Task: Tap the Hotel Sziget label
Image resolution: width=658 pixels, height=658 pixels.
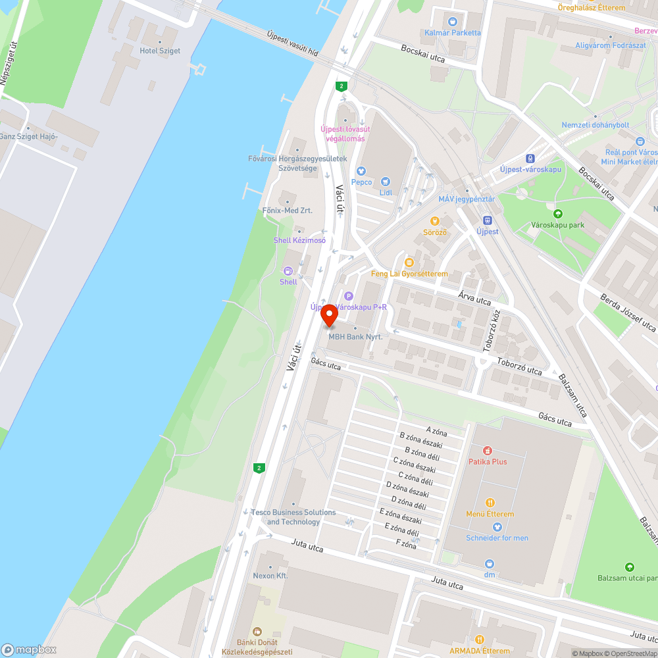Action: point(160,51)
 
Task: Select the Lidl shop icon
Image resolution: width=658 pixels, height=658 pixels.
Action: point(386,181)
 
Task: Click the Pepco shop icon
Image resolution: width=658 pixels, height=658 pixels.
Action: point(361,171)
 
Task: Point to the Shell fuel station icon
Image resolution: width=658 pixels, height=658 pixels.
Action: point(288,270)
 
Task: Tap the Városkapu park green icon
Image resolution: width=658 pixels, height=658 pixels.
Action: point(558,213)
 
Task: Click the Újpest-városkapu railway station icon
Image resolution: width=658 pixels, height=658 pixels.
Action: point(530,158)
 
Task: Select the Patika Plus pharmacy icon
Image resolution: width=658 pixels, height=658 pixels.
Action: point(487,451)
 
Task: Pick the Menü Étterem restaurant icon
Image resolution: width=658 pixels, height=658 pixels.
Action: point(490,503)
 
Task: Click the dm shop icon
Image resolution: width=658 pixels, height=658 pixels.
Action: point(490,563)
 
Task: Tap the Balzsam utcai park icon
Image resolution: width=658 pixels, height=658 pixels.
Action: point(630,567)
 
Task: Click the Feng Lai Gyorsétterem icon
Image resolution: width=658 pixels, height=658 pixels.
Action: point(409,263)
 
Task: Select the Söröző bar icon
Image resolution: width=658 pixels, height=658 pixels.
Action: point(434,221)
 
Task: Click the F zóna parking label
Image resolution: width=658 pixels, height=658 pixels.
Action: point(406,544)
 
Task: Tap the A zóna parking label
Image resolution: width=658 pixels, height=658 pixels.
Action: point(436,432)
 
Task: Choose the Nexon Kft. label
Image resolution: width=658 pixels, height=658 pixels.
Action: point(270,575)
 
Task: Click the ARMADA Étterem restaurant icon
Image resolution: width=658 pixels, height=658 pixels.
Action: point(480,639)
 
